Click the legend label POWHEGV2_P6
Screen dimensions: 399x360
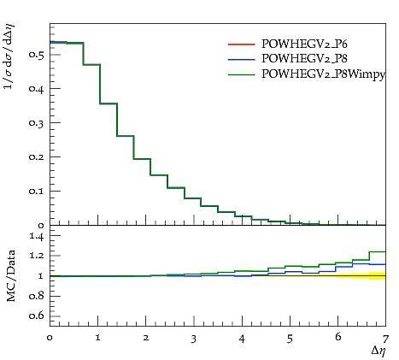tap(304, 44)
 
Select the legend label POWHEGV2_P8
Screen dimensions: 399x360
tap(304, 59)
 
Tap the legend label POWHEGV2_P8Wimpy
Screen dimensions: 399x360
tap(323, 74)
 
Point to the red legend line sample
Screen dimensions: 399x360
tap(241, 44)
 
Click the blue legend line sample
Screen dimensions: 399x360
tap(241, 60)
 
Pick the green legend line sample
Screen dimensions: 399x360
tap(241, 74)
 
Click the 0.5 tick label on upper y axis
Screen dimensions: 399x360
tap(37, 54)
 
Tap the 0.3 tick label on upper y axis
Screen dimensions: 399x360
tap(37, 122)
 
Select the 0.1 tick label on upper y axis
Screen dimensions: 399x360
tap(37, 191)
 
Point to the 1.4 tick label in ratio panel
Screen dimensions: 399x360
tap(37, 236)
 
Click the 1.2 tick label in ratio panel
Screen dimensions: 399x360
tap(37, 256)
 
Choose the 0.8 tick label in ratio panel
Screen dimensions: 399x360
tap(37, 296)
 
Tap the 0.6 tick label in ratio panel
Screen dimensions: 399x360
tap(37, 316)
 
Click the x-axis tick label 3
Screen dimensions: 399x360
tap(194, 339)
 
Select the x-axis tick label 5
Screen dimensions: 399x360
tap(290, 339)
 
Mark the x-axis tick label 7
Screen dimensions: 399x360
tap(385, 339)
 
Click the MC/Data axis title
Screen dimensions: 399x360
tap(11, 276)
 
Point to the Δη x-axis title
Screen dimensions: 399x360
tap(378, 351)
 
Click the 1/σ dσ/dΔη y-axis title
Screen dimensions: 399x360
tap(9, 56)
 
